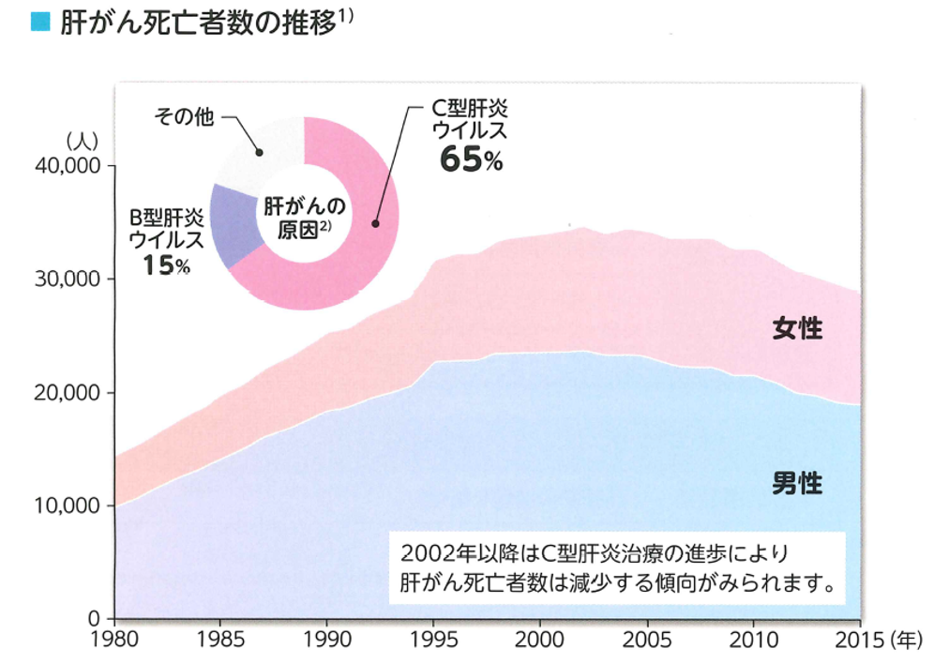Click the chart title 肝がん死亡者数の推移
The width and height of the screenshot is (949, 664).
tap(197, 24)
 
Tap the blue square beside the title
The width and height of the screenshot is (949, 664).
tap(40, 23)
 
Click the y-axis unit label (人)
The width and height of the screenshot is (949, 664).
tap(82, 141)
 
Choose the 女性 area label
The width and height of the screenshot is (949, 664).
tap(797, 329)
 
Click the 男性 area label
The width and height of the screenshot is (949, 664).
tap(797, 484)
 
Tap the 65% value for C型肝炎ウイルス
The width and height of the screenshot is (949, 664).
tap(472, 161)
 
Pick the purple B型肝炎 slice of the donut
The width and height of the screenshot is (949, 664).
tap(234, 225)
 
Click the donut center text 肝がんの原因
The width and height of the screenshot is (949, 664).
tap(305, 218)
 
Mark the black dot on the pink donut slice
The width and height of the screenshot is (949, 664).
tap(375, 223)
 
